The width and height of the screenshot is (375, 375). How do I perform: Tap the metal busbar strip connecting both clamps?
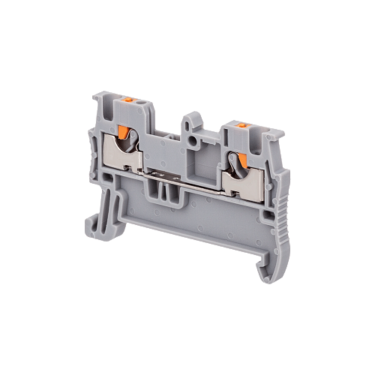tap(184, 176)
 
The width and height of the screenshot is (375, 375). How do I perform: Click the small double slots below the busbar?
tap(166, 196)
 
